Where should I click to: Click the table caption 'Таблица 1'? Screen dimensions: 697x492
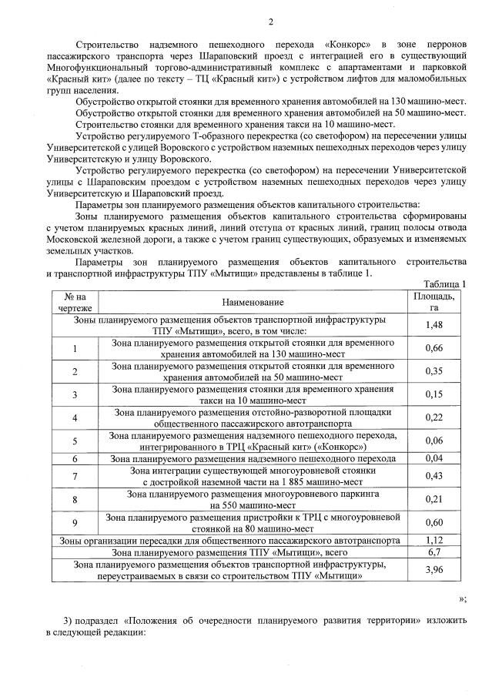(447, 283)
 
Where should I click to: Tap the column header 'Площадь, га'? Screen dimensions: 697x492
(434, 302)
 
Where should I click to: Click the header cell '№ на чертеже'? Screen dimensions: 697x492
(75, 302)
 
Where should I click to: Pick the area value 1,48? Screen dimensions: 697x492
(434, 325)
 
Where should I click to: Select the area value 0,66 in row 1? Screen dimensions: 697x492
(434, 348)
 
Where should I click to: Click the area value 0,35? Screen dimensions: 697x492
(434, 371)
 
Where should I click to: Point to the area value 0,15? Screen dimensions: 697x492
(434, 394)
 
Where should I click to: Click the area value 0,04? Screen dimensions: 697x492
(434, 458)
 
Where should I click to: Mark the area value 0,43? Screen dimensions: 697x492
(434, 476)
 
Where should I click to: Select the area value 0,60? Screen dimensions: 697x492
(434, 523)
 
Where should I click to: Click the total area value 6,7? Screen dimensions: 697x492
(434, 552)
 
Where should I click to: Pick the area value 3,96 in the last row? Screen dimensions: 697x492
(434, 570)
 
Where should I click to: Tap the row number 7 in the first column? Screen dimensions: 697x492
(75, 476)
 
